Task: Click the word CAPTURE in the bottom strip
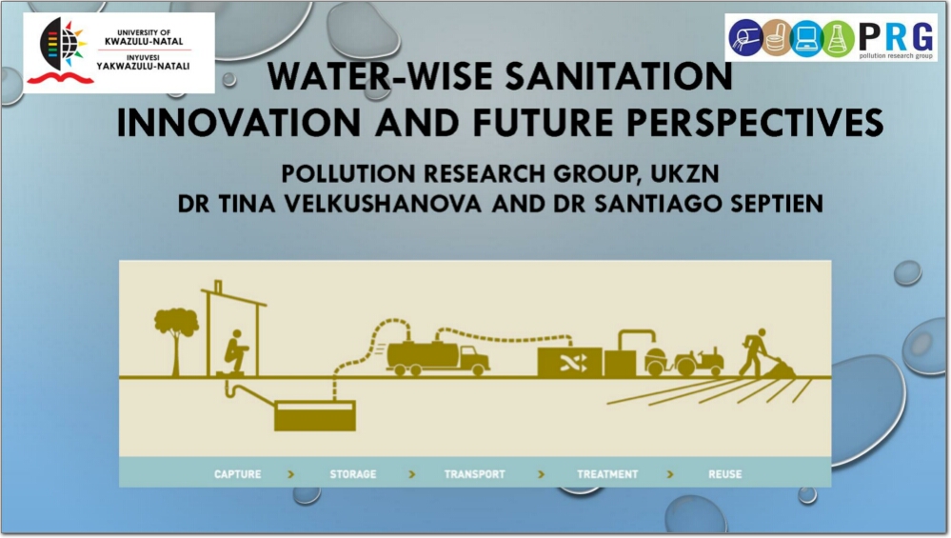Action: pyautogui.click(x=238, y=473)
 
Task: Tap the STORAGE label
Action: pyautogui.click(x=353, y=473)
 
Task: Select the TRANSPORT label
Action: pyautogui.click(x=474, y=473)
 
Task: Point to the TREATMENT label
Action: pyautogui.click(x=607, y=473)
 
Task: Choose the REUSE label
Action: pyautogui.click(x=724, y=473)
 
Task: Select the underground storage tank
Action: pyautogui.click(x=315, y=415)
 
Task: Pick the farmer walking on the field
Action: pyautogui.click(x=754, y=353)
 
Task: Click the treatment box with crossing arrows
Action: pyautogui.click(x=569, y=363)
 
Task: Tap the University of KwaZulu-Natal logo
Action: pyautogui.click(x=119, y=52)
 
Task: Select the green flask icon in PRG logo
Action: pyautogui.click(x=838, y=37)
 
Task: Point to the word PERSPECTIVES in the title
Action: pyautogui.click(x=755, y=123)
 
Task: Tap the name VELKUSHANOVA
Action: pyautogui.click(x=383, y=204)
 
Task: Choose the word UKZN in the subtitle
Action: pyautogui.click(x=684, y=174)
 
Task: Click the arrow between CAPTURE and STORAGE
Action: pyautogui.click(x=291, y=474)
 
